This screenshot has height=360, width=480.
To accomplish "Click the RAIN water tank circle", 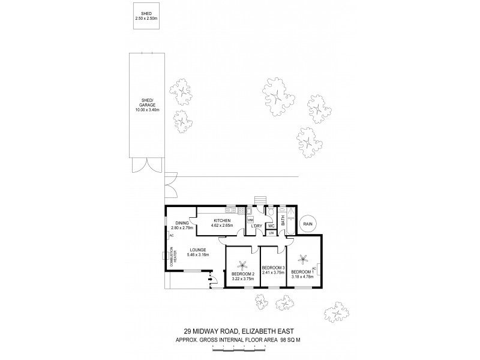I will pos(309,223).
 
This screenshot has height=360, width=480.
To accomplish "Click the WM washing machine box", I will pos(250,220).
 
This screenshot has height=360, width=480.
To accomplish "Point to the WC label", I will pos(271,226).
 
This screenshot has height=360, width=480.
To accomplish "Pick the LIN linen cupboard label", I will pos(271,233).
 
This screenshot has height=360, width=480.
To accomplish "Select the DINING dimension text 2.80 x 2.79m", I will pos(181,229).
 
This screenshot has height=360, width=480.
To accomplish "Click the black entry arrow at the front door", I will pos(210,278).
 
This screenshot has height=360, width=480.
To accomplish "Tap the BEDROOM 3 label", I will pos(272,268).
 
